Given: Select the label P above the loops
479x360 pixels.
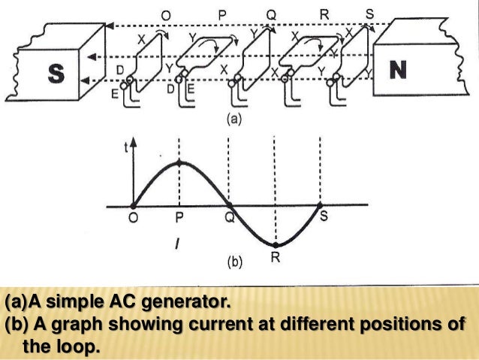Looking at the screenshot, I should click(x=223, y=12).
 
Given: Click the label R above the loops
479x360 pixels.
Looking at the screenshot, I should click(x=324, y=12).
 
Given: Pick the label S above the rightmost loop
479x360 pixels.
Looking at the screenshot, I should click(x=369, y=13).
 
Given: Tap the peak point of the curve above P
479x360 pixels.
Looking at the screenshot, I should click(x=179, y=163).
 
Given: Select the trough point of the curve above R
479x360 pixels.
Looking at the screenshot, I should click(x=276, y=245).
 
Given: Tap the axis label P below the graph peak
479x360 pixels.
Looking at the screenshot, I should click(x=179, y=217).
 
